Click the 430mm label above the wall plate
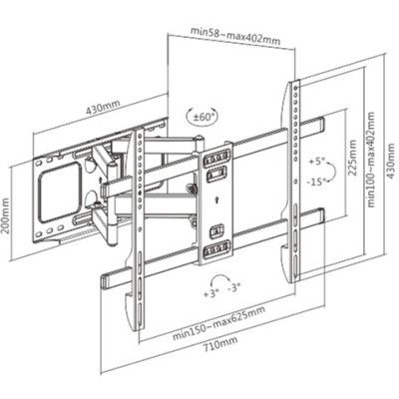pyautogui.click(x=103, y=107)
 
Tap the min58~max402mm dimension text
pyautogui.click(x=235, y=35)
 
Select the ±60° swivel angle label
pyautogui.click(x=202, y=117)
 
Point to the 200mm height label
pyautogui.click(x=5, y=216)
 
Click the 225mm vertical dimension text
pyautogui.click(x=352, y=158)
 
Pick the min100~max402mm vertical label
pyautogui.click(x=371, y=160)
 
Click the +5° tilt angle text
pyautogui.click(x=316, y=162)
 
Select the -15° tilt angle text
pyautogui.click(x=316, y=182)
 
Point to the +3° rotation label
pyautogui.click(x=211, y=293)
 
